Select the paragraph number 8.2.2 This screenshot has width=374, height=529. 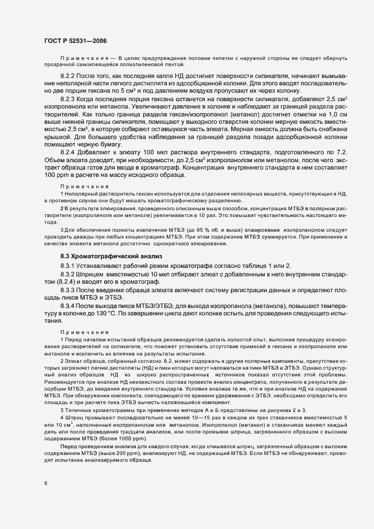click(x=69, y=75)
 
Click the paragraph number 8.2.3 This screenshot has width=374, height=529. click(x=69, y=99)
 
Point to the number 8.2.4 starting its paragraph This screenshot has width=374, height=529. click(x=69, y=168)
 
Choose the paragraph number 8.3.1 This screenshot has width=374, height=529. click(x=69, y=266)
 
